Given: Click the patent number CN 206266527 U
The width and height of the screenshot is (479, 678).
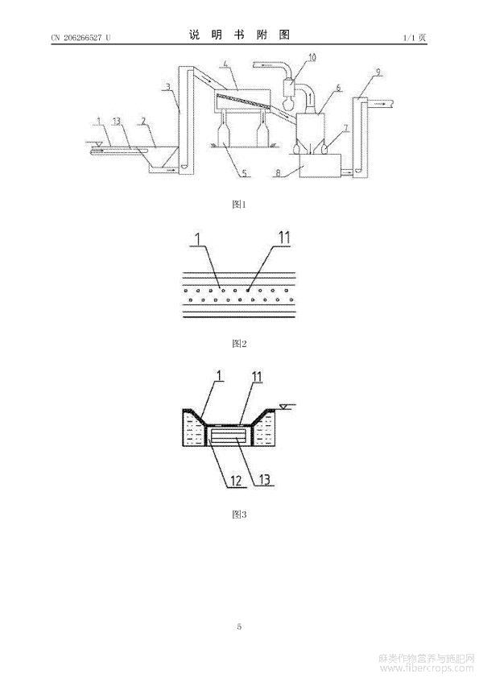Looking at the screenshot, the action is pyautogui.click(x=81, y=38).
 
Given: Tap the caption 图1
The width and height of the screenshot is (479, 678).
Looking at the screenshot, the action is pyautogui.click(x=239, y=205).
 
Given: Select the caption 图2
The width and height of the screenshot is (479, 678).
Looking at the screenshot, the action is pyautogui.click(x=239, y=344).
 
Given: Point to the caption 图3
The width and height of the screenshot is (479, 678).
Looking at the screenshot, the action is pyautogui.click(x=239, y=514).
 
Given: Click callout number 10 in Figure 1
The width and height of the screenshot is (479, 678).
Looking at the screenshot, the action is pyautogui.click(x=312, y=57).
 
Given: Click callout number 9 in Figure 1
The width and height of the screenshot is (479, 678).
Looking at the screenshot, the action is pyautogui.click(x=378, y=72).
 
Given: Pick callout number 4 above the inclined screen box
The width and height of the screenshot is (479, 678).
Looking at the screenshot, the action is pyautogui.click(x=225, y=64).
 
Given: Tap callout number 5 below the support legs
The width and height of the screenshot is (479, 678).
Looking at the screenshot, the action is pyautogui.click(x=244, y=173).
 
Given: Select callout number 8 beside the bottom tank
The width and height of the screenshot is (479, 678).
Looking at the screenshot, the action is pyautogui.click(x=278, y=173).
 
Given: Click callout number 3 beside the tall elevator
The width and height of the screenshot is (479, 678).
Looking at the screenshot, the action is pyautogui.click(x=168, y=87).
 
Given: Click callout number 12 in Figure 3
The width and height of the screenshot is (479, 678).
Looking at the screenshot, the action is pyautogui.click(x=236, y=481).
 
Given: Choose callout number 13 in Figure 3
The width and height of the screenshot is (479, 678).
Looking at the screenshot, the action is pyautogui.click(x=264, y=479).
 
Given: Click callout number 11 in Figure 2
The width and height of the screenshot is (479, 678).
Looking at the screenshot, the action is pyautogui.click(x=284, y=238).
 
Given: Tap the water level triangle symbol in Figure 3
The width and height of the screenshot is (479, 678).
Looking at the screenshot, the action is pyautogui.click(x=283, y=406).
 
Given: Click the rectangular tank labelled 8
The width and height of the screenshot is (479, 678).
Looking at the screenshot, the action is pyautogui.click(x=320, y=165).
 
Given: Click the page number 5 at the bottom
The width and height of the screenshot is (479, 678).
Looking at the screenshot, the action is pyautogui.click(x=239, y=626).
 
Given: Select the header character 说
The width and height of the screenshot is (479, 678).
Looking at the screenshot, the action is pyautogui.click(x=195, y=35).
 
